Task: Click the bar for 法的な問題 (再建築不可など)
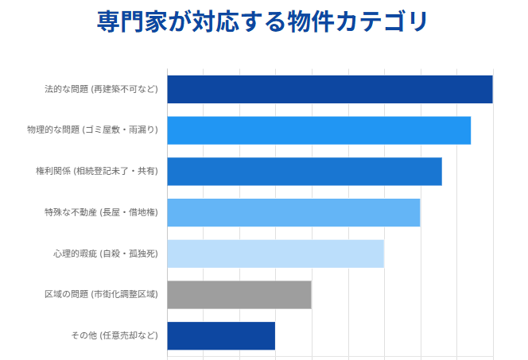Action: tap(329, 89)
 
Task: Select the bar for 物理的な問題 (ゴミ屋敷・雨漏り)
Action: tap(318, 130)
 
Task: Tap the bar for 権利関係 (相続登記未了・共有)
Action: tap(304, 172)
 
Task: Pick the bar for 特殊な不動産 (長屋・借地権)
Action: tap(293, 212)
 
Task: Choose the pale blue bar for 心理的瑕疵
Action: tap(275, 254)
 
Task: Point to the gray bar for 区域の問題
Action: tap(239, 295)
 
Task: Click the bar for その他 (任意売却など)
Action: tap(220, 335)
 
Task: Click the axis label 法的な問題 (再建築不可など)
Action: tap(101, 89)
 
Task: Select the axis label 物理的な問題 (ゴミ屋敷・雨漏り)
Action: tap(92, 130)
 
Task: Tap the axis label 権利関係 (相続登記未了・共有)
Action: tap(97, 172)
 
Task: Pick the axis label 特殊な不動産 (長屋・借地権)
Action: tap(101, 212)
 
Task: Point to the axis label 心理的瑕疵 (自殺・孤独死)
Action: tap(105, 254)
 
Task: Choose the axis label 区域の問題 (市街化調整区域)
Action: tap(101, 295)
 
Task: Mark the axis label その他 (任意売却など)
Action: tap(115, 335)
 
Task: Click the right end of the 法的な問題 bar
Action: tap(491, 89)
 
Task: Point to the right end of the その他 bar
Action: tap(274, 335)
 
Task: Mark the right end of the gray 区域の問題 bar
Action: tap(310, 295)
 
